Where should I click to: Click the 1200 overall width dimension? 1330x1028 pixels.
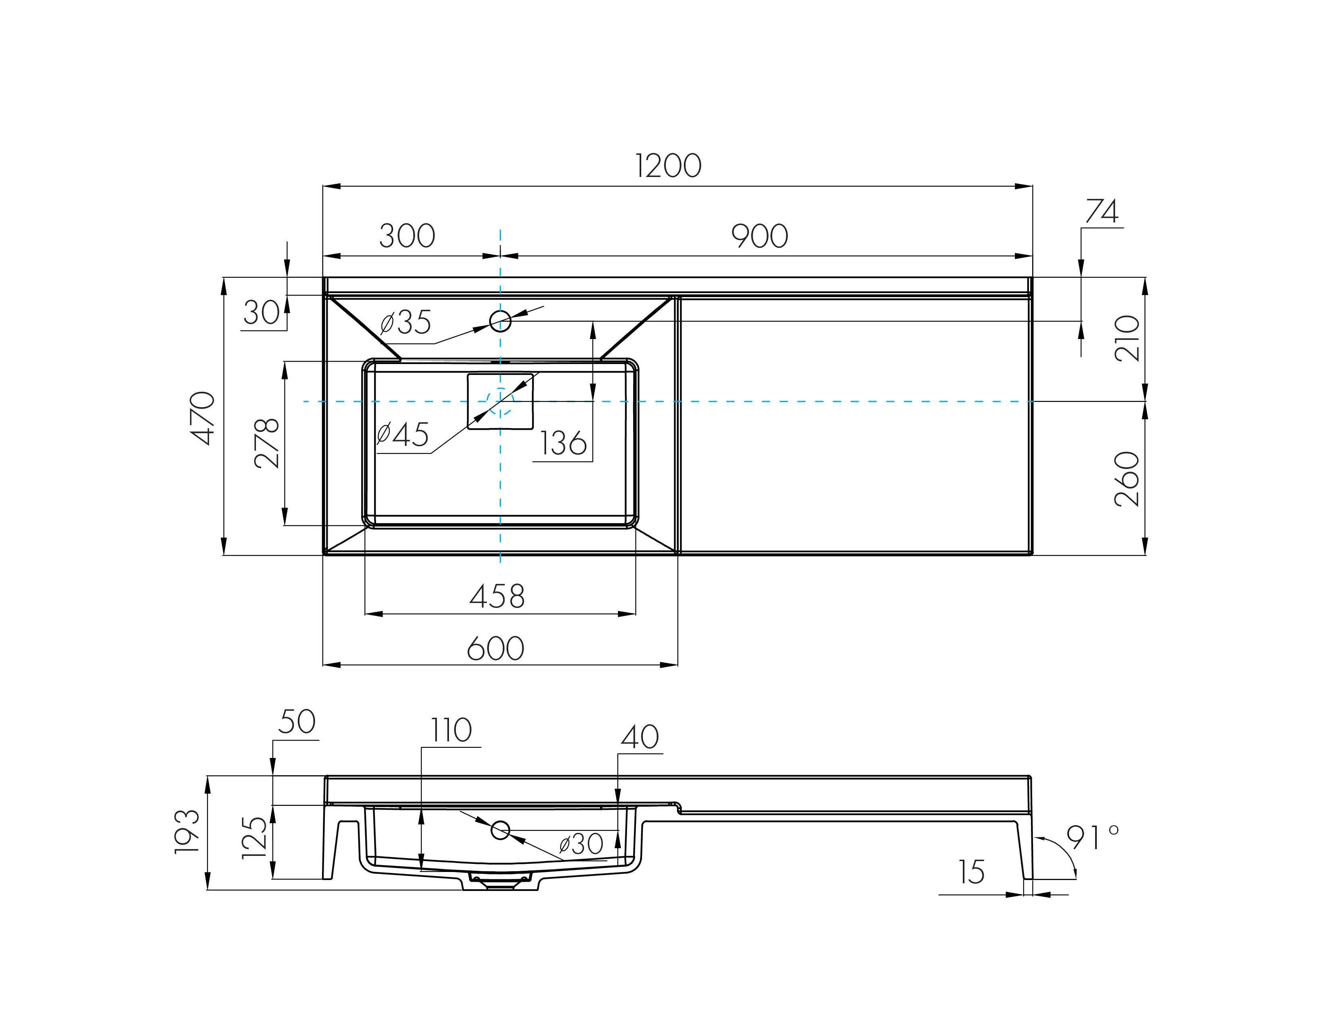tap(668, 166)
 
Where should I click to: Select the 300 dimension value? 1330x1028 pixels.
tap(407, 236)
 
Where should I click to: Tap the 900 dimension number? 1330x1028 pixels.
tap(759, 236)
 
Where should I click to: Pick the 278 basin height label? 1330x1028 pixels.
tap(267, 443)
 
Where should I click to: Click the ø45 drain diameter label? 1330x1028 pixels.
tap(403, 434)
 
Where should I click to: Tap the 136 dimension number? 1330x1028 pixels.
tap(563, 443)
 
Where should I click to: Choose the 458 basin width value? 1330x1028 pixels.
tap(497, 597)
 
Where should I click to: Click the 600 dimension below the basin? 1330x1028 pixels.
tap(495, 649)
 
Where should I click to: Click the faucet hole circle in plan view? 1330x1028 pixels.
tap(500, 320)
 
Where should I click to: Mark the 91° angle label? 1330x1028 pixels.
tap(1092, 838)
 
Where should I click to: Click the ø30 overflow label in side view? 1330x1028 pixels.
tap(581, 844)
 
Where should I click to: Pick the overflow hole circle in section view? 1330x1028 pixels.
tap(500, 830)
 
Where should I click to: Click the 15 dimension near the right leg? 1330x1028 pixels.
tap(971, 873)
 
